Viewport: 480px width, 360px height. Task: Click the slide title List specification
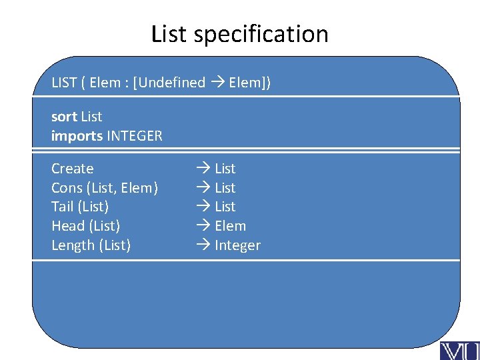pos(240,33)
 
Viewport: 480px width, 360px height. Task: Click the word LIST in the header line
pos(65,83)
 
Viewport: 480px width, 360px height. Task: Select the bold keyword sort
pos(64,117)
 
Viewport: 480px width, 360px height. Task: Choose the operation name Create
pos(72,169)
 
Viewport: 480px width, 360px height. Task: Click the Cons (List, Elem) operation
pos(105,188)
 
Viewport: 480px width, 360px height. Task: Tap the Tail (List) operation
pos(80,207)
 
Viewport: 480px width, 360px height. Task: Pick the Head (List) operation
pos(85,226)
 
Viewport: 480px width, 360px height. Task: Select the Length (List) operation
pos(91,245)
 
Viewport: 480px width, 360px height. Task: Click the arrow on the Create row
pos(203,169)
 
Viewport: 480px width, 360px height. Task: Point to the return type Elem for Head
pos(230,226)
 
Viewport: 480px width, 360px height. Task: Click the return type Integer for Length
pos(237,245)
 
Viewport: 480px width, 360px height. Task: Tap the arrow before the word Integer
pos(203,245)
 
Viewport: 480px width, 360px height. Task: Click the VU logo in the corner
pos(459,349)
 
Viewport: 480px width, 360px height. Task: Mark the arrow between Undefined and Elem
pos(217,83)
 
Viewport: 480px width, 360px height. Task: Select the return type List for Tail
pos(225,207)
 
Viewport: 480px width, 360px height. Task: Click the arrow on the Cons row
pos(203,188)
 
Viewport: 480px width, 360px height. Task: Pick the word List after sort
pos(91,117)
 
